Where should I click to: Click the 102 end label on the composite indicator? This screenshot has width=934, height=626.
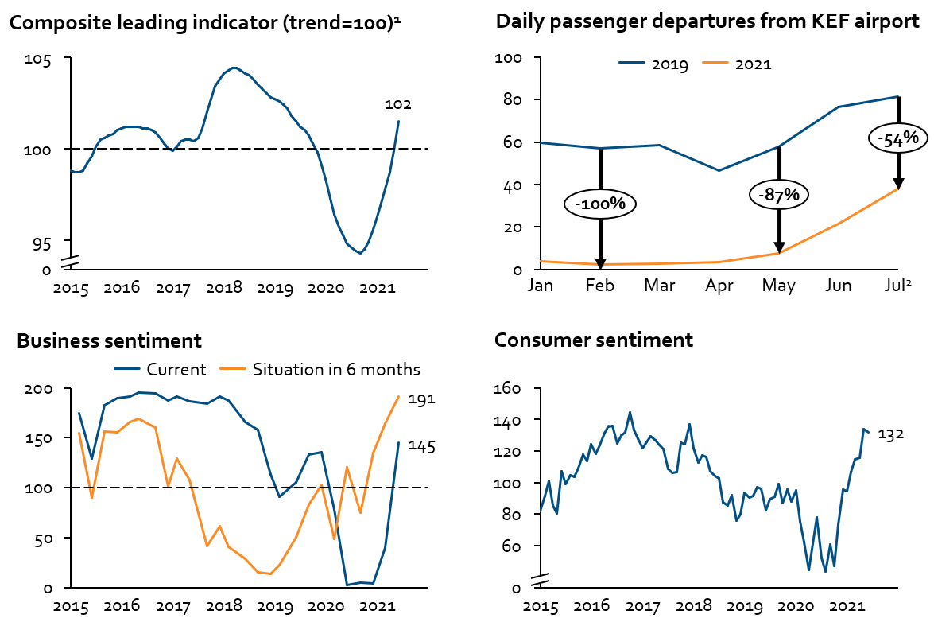397,105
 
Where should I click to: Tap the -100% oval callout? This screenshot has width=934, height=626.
600,204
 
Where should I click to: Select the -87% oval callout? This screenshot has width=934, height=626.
778,194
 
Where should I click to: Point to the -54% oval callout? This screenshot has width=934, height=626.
897,138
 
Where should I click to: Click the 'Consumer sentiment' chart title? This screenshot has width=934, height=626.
593,340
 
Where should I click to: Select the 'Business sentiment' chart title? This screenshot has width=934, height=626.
109,341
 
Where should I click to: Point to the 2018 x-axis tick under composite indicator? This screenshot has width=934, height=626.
224,286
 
